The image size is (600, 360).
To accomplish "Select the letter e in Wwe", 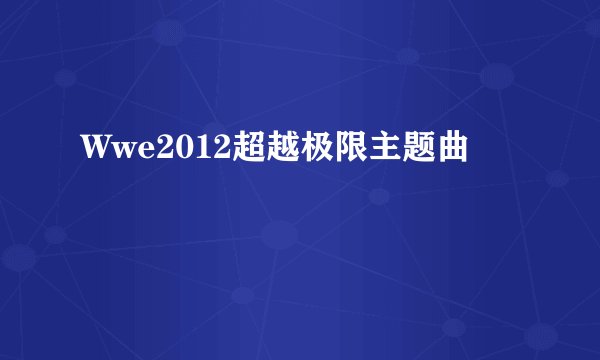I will click(x=127, y=153).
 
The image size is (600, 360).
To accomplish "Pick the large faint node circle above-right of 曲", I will click(x=497, y=75).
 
